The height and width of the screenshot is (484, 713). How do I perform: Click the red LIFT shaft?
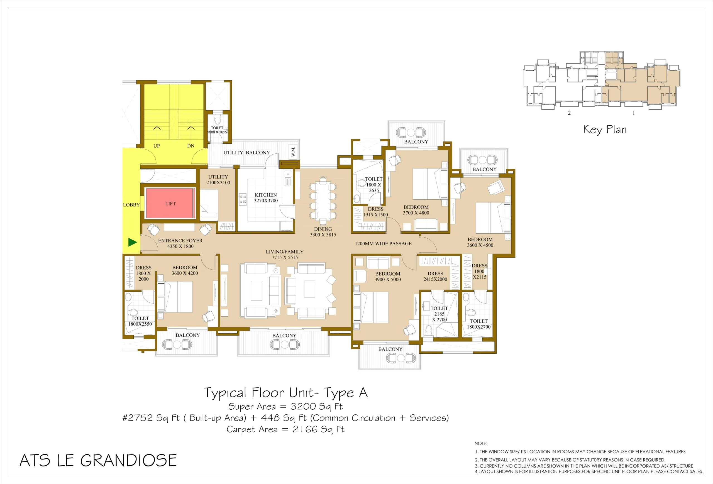pyautogui.click(x=170, y=203)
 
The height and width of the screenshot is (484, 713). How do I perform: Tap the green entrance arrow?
pyautogui.click(x=133, y=242)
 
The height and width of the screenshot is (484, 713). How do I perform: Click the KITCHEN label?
pyautogui.click(x=266, y=195)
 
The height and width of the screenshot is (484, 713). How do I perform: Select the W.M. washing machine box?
pyautogui.click(x=293, y=151)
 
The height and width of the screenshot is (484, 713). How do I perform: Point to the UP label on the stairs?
pyautogui.click(x=157, y=146)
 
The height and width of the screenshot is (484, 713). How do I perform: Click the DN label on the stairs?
pyautogui.click(x=191, y=146)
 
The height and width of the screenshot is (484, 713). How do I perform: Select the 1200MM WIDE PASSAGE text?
pyautogui.click(x=383, y=244)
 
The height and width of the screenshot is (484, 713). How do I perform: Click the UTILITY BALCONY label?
pyautogui.click(x=246, y=153)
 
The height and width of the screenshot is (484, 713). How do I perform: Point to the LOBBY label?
pyautogui.click(x=131, y=205)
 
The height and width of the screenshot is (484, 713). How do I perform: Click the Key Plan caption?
pyautogui.click(x=605, y=130)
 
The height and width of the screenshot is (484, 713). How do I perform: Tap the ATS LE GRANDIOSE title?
pyautogui.click(x=98, y=460)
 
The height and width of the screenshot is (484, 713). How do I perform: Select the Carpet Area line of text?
pyautogui.click(x=285, y=429)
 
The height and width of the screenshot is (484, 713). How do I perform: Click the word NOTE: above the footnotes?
pyautogui.click(x=481, y=444)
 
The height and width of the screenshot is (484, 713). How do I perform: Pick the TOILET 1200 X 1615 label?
pyautogui.click(x=217, y=130)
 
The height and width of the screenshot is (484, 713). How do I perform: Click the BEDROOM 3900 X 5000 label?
pyautogui.click(x=387, y=277)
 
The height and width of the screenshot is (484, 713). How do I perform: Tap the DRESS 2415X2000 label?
pyautogui.click(x=435, y=276)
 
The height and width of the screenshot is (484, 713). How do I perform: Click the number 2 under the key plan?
pyautogui.click(x=569, y=113)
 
